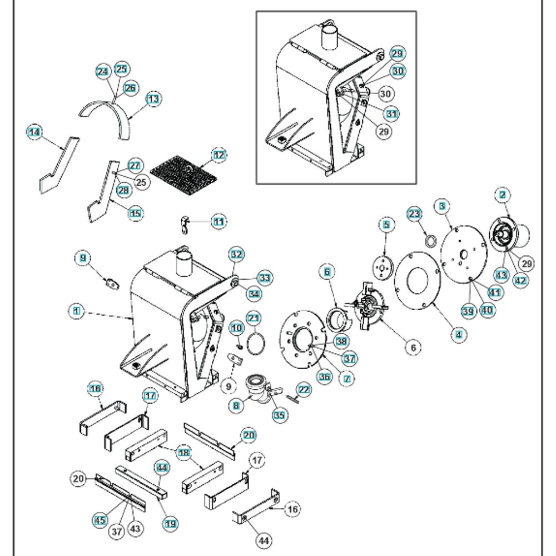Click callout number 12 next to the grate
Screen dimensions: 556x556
pos(220,155)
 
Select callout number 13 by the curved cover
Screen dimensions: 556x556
pos(153,99)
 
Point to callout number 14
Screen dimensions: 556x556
pos(34,132)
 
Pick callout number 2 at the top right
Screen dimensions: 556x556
pos(503,195)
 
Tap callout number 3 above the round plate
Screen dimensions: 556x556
pos(442,206)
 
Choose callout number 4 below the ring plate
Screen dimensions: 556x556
pos(458,334)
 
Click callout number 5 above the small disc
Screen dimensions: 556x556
pos(386,225)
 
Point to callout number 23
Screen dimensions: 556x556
pos(414,214)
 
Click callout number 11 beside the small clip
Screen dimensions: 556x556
pos(219,221)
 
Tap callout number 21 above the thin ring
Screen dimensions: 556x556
pos(254,318)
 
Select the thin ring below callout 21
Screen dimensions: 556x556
pos(256,340)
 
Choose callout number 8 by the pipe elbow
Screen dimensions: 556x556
pos(237,405)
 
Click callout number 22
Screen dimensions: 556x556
pos(304,390)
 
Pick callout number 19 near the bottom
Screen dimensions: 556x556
pos(170,523)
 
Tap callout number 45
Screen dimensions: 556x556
pos(100,520)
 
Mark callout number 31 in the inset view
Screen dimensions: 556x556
pos(393,113)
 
